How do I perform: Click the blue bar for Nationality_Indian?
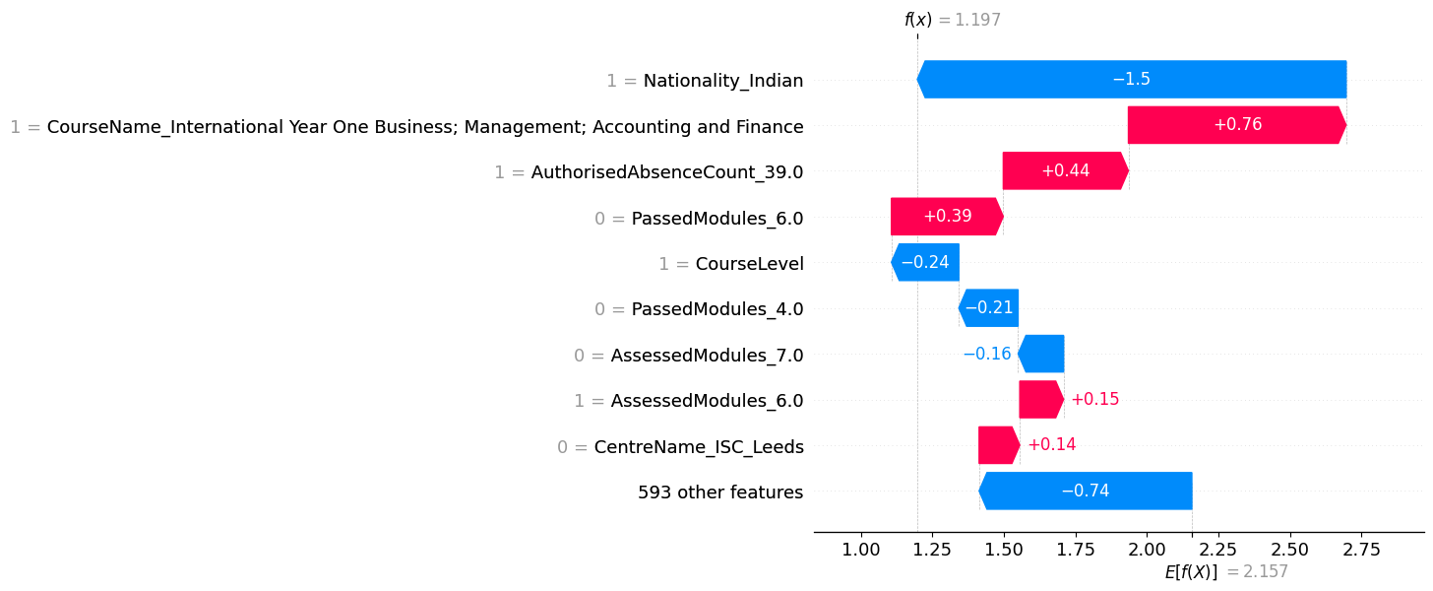coord(1131,80)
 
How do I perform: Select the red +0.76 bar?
coord(1236,125)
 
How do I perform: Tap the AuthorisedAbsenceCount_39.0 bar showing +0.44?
coord(1065,171)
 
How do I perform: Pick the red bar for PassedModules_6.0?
coord(947,217)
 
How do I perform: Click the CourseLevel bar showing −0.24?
coord(925,263)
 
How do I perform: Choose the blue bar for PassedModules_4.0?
coord(988,308)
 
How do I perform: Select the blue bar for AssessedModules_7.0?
coord(1041,354)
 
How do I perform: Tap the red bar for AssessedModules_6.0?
coord(1041,400)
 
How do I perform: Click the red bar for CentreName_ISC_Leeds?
coord(999,445)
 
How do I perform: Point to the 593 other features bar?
coord(1086,491)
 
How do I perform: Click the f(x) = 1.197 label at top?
coord(952,20)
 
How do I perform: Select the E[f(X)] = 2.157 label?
coord(1225,572)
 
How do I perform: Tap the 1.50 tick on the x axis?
coord(1003,549)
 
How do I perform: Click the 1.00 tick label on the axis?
coord(860,549)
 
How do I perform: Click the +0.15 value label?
coord(1094,400)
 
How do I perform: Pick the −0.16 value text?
coord(986,354)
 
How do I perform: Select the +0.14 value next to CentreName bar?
coord(1051,445)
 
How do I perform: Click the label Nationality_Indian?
coord(722,81)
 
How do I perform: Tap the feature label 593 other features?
coord(719,492)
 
